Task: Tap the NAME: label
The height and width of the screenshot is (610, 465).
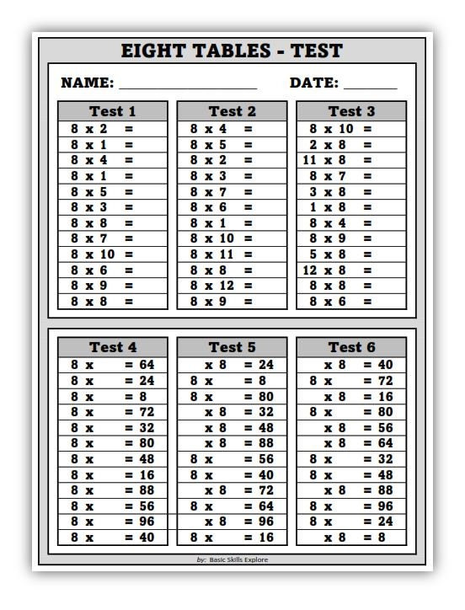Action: point(88,83)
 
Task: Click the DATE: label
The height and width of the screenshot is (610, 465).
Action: point(314,83)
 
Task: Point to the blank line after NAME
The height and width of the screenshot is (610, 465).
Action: point(188,87)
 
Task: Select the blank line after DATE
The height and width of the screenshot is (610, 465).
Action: point(370,87)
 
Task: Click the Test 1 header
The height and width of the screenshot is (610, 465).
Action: point(112,111)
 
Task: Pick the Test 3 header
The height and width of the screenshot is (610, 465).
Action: point(350,111)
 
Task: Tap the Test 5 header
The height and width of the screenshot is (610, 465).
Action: point(232,347)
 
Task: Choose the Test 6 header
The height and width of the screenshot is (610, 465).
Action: point(350,347)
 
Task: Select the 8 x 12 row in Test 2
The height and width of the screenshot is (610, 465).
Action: point(222,286)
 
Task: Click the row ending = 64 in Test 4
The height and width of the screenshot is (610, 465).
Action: point(112,365)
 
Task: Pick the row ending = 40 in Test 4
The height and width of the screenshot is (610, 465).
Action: point(112,537)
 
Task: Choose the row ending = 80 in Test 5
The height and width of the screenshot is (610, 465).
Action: point(232,396)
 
